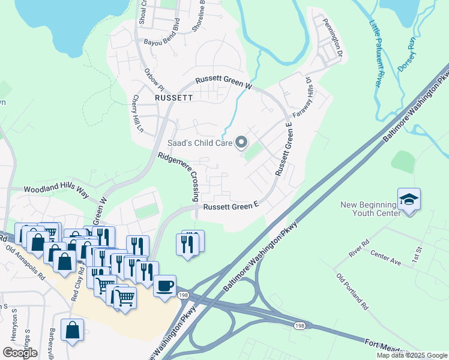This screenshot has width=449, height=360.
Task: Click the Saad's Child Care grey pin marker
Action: (241, 143)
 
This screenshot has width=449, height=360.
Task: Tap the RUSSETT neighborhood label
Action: (173, 97)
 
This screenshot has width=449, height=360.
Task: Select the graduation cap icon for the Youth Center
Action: (409, 199)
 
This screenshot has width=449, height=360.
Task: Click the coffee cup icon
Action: (164, 286)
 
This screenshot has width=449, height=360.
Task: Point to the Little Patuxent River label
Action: (375, 54)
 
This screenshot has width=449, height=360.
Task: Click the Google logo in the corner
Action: (20, 352)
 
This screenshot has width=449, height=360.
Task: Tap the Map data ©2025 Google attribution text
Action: (411, 355)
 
